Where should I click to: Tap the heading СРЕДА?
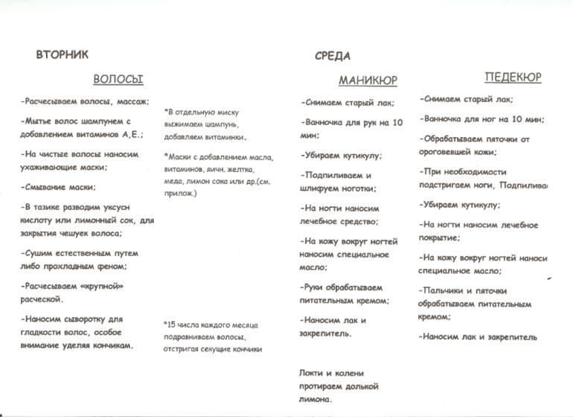[x=333, y=56]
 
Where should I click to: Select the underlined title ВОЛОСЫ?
[x=118, y=77]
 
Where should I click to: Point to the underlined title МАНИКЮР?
[x=368, y=80]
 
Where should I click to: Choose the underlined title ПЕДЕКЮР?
[x=513, y=77]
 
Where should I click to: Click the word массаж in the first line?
[x=132, y=101]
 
